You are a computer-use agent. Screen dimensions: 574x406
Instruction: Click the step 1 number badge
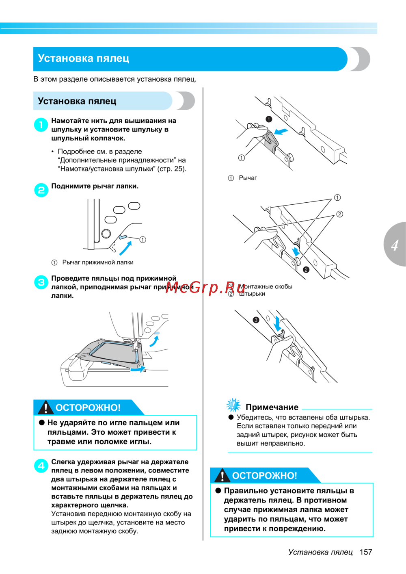click(x=41, y=125)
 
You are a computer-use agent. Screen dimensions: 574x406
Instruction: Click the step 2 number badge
click(x=41, y=190)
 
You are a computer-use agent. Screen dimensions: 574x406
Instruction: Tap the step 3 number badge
click(x=41, y=282)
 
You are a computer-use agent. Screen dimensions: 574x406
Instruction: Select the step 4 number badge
click(x=41, y=466)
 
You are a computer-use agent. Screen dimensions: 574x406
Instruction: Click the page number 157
click(x=366, y=552)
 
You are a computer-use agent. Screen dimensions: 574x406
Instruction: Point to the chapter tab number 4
click(x=395, y=245)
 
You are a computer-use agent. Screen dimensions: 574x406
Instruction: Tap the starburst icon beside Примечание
click(x=233, y=405)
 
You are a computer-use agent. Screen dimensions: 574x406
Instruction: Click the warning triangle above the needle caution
click(x=46, y=407)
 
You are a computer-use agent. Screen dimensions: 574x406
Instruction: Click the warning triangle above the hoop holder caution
click(x=222, y=475)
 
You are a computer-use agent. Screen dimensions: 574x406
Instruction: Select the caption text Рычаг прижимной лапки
click(x=98, y=262)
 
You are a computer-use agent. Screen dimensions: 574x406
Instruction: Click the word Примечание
click(x=272, y=407)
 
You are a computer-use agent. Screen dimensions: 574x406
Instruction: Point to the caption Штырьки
click(x=252, y=294)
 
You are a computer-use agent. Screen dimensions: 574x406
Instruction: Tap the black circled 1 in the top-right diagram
click(x=268, y=119)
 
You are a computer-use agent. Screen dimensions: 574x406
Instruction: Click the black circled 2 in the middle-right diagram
click(x=306, y=270)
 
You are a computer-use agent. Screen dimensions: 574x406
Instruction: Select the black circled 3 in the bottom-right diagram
click(x=256, y=320)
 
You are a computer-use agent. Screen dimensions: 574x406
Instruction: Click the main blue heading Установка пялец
click(x=84, y=58)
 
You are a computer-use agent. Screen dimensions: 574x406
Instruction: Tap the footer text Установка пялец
click(x=320, y=552)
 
